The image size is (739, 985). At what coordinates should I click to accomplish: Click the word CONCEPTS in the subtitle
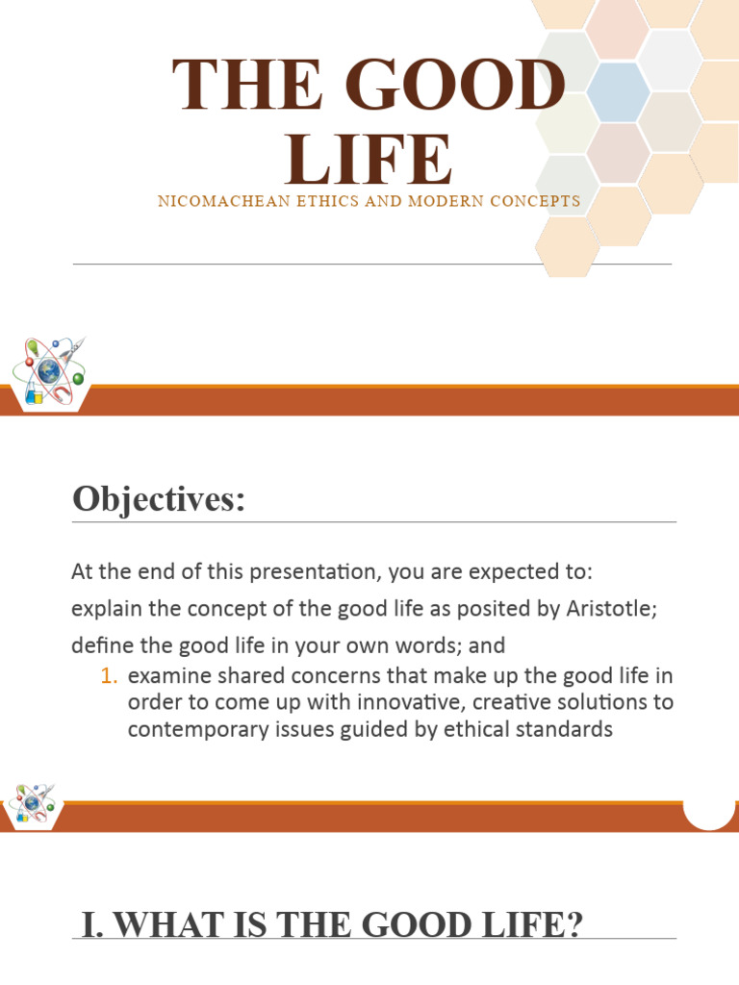pyautogui.click(x=533, y=202)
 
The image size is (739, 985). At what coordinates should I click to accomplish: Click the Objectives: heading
pyautogui.click(x=159, y=499)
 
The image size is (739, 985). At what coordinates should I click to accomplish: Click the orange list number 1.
pyautogui.click(x=108, y=676)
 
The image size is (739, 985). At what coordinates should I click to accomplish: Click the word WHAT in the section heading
pyautogui.click(x=169, y=926)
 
